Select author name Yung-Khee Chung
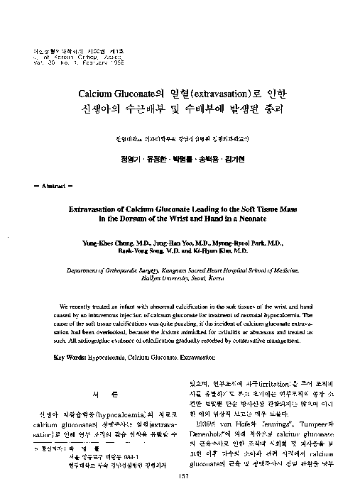(x=107, y=242)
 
